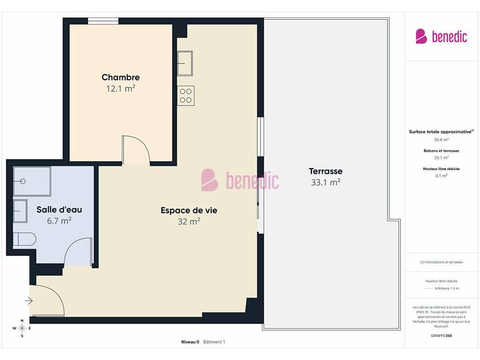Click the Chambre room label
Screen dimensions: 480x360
tap(120, 77)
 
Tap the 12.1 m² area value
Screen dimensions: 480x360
tap(120, 89)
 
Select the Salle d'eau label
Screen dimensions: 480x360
tap(59, 210)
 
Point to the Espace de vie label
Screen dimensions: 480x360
tap(189, 210)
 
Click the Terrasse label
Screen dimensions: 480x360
tap(326, 171)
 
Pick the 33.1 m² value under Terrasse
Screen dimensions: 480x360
tap(326, 182)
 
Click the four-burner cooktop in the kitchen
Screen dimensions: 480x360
tap(186, 96)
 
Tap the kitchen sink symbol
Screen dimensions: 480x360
tap(185, 63)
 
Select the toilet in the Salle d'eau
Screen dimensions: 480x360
tap(24, 239)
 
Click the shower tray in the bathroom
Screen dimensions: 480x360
tap(32, 181)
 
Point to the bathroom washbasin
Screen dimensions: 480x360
tap(20, 211)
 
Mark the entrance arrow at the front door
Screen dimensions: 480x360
tap(29, 300)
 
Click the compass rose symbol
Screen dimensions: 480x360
tap(22, 328)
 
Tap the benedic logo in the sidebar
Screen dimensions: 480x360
tap(441, 37)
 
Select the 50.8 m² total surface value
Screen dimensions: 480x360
tap(441, 140)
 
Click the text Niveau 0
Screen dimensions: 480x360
tap(190, 342)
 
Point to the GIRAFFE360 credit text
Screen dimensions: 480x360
tap(441, 336)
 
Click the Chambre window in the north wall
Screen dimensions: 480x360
tap(103, 21)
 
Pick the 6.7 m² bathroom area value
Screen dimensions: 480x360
tap(59, 221)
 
